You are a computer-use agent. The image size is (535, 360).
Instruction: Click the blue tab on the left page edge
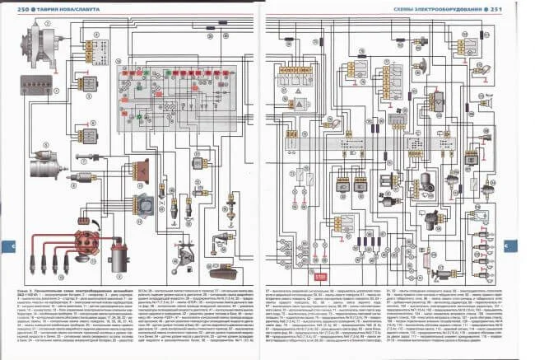click(x=3, y=246)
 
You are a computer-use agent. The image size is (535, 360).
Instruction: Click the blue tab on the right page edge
click(x=531, y=246)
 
